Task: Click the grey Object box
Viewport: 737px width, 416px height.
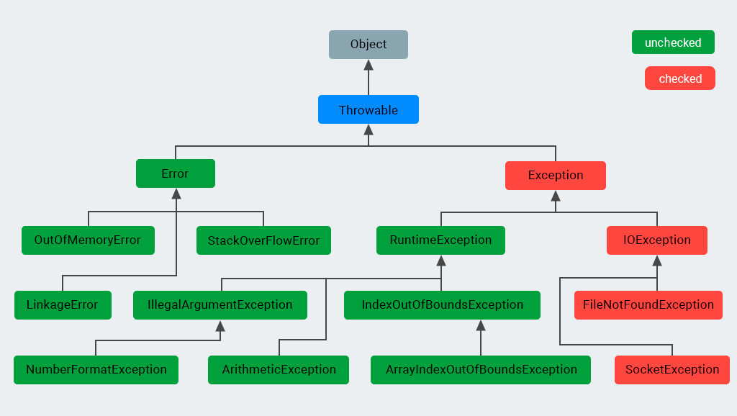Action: [368, 45]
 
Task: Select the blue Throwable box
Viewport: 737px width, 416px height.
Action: [368, 110]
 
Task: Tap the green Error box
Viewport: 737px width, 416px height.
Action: [176, 174]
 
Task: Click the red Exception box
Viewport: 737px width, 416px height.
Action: [556, 176]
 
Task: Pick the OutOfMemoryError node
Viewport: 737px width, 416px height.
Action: [88, 240]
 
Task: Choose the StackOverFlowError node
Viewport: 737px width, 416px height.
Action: [263, 240]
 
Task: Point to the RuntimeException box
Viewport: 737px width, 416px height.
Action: [440, 240]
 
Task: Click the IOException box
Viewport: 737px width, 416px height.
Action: [656, 240]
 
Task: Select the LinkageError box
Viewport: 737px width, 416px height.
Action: [63, 305]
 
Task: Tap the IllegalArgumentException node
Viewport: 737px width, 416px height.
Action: [220, 305]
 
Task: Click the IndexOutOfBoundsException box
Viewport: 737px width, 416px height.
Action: [442, 305]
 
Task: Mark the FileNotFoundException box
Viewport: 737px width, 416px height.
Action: [648, 305]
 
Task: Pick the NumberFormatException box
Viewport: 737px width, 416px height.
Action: [96, 370]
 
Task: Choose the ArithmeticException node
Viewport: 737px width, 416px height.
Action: [279, 370]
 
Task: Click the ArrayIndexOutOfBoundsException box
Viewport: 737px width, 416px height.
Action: [481, 370]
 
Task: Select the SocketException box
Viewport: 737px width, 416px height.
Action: [672, 370]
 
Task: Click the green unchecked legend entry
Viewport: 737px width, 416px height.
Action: [673, 42]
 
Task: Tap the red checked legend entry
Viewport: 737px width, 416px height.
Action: [680, 78]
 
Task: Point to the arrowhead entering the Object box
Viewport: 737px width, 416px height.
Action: [368, 65]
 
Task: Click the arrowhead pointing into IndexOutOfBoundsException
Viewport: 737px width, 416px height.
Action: [481, 325]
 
